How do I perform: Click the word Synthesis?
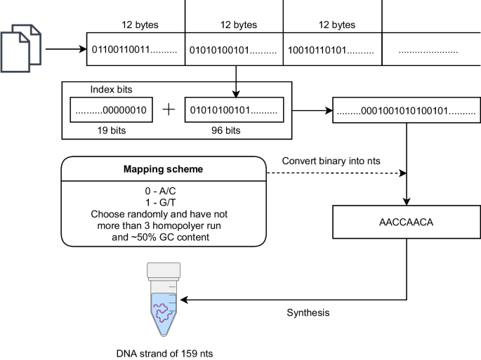(308, 312)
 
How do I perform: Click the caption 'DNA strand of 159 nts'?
(164, 353)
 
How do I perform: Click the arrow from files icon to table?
(65, 51)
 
